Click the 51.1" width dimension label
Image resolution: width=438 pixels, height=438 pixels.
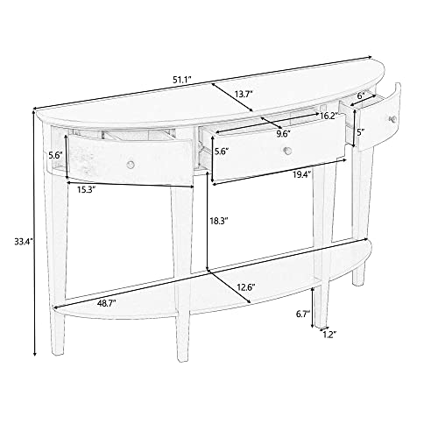click(x=181, y=80)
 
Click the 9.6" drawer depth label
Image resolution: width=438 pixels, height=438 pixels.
click(x=284, y=134)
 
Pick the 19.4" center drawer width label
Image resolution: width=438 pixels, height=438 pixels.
click(x=302, y=174)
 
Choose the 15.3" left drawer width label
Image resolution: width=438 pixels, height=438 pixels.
click(x=87, y=190)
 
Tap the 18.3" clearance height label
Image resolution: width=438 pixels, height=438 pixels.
click(x=218, y=221)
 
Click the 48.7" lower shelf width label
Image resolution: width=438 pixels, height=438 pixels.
click(x=107, y=303)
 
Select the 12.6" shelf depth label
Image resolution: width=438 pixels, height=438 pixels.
click(x=246, y=287)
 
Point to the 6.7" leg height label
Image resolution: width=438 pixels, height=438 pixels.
click(x=303, y=314)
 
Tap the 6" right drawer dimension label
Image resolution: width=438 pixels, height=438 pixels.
click(x=362, y=95)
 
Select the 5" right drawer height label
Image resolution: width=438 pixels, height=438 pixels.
click(x=362, y=132)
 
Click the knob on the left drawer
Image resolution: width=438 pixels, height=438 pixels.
click(x=131, y=165)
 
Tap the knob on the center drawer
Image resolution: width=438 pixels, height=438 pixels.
click(x=288, y=151)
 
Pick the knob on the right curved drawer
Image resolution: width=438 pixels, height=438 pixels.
click(x=393, y=118)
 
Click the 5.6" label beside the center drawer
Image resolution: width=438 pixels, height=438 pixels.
click(x=222, y=152)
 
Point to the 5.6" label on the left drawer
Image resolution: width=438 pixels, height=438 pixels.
click(x=56, y=155)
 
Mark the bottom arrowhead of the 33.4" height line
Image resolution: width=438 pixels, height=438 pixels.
click(x=35, y=354)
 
